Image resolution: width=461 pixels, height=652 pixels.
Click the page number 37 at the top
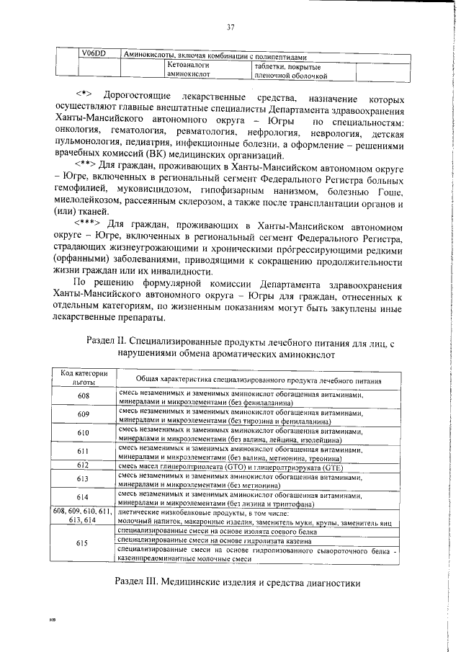click(231, 27)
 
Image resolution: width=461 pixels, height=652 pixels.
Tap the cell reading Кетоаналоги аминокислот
click(188, 68)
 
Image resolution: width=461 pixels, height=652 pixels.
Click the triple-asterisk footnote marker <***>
click(91, 224)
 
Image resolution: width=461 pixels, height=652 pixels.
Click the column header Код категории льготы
click(84, 378)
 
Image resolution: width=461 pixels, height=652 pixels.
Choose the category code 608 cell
click(84, 398)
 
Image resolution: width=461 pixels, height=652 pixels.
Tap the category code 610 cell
click(84, 432)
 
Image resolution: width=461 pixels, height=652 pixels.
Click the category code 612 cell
click(84, 465)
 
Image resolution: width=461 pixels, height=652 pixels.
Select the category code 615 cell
click(84, 544)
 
